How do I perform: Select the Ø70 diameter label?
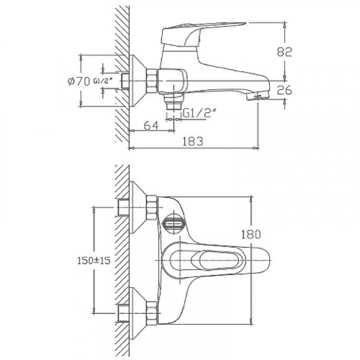click(77, 81)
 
